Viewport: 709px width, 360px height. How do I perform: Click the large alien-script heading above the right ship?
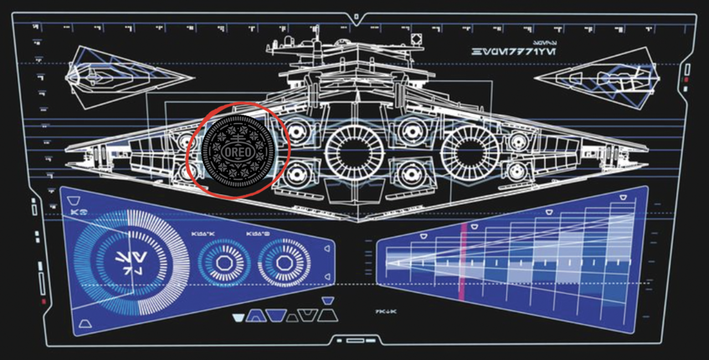click(x=514, y=52)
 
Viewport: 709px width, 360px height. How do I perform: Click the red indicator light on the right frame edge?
click(x=686, y=80)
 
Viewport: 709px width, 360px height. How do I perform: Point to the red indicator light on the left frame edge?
click(x=43, y=301)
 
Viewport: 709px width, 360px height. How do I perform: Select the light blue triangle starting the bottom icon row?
click(x=238, y=318)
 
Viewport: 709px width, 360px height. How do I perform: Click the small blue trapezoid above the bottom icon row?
click(x=327, y=301)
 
